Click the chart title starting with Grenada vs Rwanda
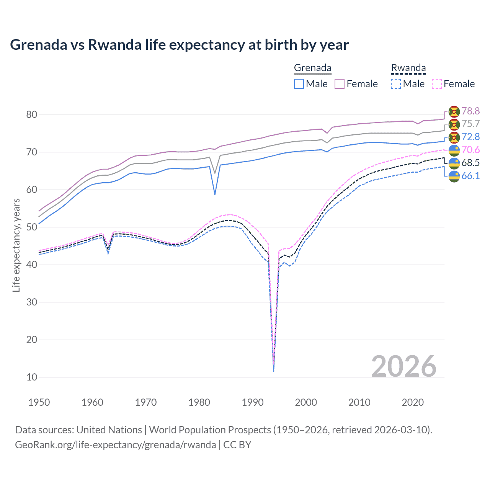[179, 45]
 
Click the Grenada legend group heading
[312, 68]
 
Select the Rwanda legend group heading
[408, 68]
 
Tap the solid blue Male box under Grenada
[299, 84]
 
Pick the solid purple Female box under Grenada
[340, 84]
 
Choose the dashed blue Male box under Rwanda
[396, 84]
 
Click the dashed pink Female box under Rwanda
[437, 84]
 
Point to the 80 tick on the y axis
[32, 114]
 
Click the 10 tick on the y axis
[32, 377]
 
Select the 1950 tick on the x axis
[39, 402]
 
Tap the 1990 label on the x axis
[253, 402]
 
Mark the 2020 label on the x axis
[413, 402]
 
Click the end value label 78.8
[470, 111]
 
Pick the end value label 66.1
[470, 176]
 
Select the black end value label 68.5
[470, 163]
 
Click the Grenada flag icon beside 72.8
[454, 137]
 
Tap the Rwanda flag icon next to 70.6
[454, 150]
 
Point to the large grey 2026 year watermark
[404, 366]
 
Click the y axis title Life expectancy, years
[16, 245]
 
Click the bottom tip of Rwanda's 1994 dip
[273, 371]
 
